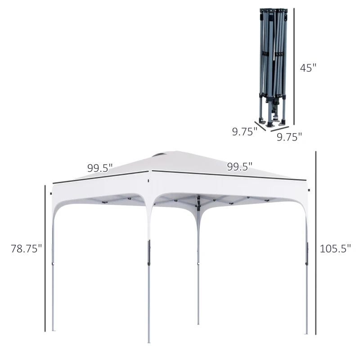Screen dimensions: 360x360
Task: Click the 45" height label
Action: tap(308, 68)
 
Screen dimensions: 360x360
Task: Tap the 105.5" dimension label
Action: tap(335, 248)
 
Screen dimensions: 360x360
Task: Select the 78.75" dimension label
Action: tap(27, 248)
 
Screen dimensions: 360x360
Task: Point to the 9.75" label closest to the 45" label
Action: tap(289, 137)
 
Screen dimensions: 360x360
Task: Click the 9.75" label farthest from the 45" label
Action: tap(244, 131)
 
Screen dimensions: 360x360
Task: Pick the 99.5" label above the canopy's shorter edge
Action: tap(100, 168)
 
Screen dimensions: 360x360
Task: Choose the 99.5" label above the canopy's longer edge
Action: tap(239, 166)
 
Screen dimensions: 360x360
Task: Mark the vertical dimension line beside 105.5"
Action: tap(316, 243)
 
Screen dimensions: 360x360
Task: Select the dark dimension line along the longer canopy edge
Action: tap(229, 175)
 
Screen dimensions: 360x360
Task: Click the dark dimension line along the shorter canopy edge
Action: tap(101, 177)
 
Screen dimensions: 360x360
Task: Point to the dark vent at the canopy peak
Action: tap(158, 156)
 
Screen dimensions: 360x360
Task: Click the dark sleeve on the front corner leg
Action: tap(149, 252)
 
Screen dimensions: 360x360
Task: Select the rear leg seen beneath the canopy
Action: tap(198, 270)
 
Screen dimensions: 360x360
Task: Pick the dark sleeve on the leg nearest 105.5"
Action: tap(307, 254)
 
